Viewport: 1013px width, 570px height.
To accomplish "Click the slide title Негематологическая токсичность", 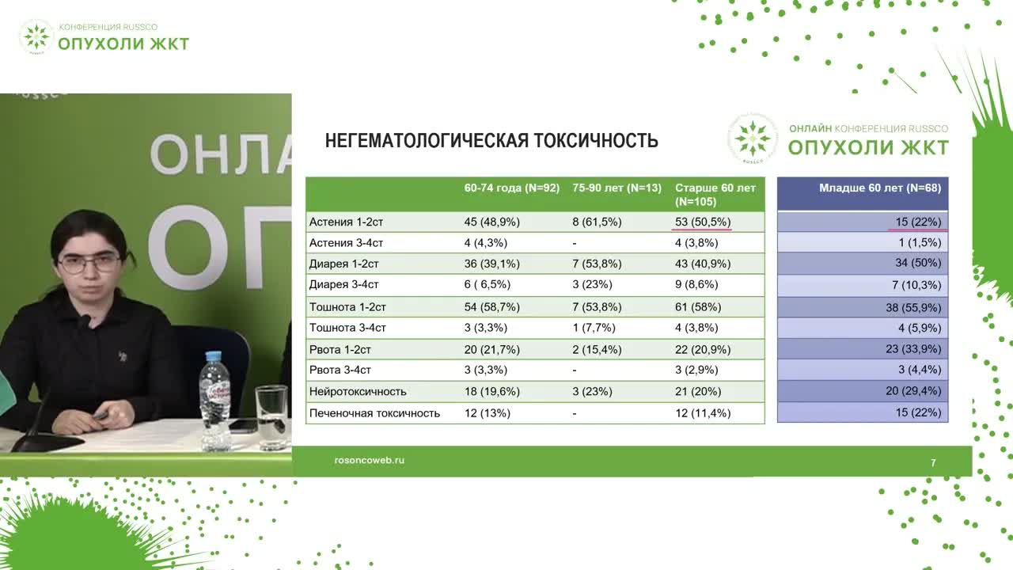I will pos(491,141).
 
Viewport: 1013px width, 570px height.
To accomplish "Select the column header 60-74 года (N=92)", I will pos(511,188).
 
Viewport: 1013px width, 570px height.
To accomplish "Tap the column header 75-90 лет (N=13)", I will pos(617,188).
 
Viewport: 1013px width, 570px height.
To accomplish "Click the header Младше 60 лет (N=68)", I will pos(879,188).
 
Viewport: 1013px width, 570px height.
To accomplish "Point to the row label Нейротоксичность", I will pos(358,392).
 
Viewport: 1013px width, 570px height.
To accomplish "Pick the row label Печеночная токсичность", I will pos(374,413).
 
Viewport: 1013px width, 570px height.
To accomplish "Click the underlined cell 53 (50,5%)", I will pos(702,222).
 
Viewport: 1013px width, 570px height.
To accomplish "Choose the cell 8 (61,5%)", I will pos(597,222).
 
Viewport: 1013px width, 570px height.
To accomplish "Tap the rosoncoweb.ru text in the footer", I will pos(370,461).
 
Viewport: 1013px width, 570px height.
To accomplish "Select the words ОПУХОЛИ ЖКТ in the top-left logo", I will pos(123,44).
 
